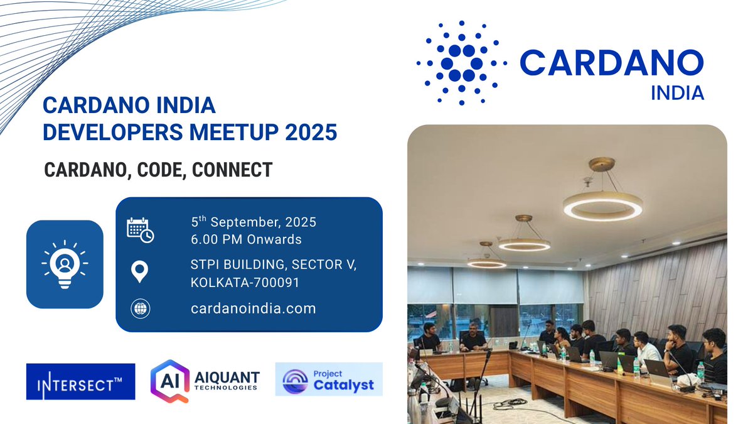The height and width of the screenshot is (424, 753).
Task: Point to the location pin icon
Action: pyautogui.click(x=139, y=273)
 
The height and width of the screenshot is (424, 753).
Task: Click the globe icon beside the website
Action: pyautogui.click(x=140, y=309)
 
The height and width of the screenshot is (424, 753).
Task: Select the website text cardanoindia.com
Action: pyautogui.click(x=253, y=308)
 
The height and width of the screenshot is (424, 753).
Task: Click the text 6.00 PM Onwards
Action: pyautogui.click(x=246, y=239)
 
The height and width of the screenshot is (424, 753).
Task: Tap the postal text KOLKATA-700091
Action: pyautogui.click(x=245, y=283)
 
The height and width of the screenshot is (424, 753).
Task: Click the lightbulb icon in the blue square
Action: pyautogui.click(x=65, y=264)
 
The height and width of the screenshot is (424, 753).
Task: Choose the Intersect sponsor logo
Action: pyautogui.click(x=80, y=381)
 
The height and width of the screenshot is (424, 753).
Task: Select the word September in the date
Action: pyautogui.click(x=253, y=222)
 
